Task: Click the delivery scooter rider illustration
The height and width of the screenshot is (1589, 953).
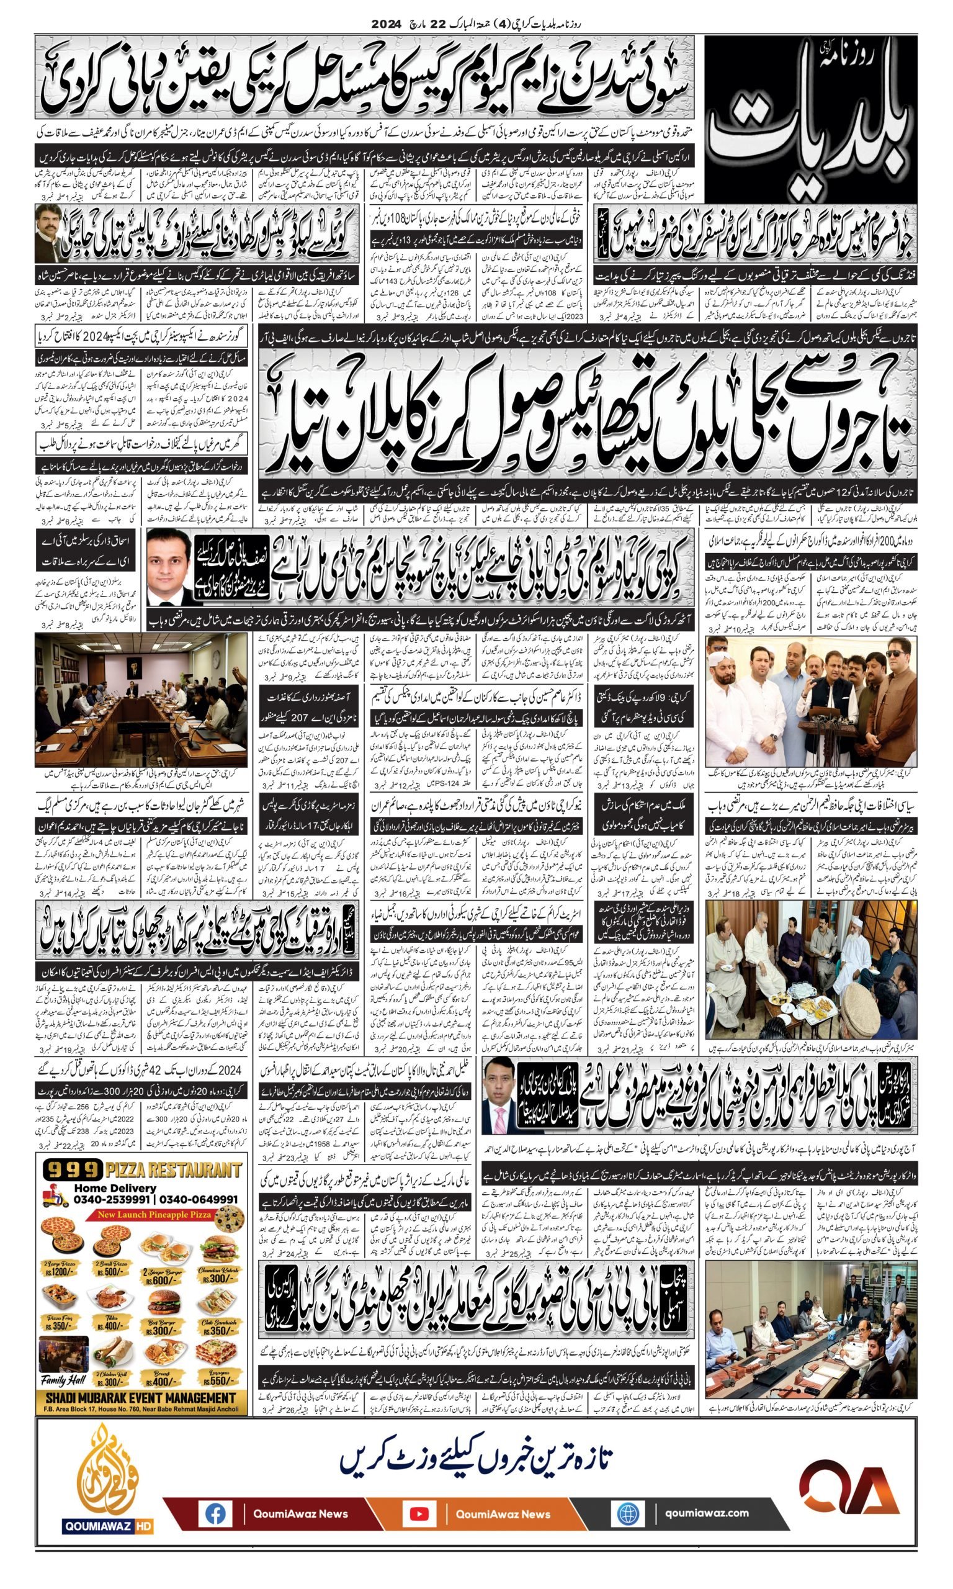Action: pos(56,1194)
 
